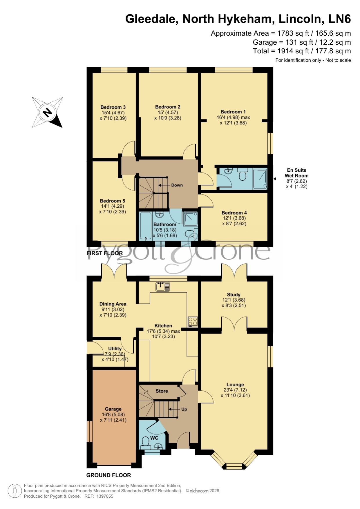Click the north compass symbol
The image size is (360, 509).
(x=47, y=113)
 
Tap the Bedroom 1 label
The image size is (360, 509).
(x=233, y=112)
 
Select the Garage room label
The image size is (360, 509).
(x=113, y=409)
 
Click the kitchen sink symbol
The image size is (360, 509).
(x=163, y=287)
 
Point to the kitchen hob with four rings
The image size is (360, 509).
(x=193, y=321)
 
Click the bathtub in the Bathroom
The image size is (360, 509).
(x=146, y=227)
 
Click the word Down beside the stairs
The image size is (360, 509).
(x=177, y=185)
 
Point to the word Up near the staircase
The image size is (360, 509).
(x=184, y=409)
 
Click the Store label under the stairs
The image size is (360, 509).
(x=162, y=391)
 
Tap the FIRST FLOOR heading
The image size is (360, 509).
(x=105, y=253)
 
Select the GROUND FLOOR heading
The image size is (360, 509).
(x=109, y=475)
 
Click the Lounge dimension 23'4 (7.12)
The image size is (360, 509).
(x=235, y=390)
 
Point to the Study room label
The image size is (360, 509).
(x=234, y=295)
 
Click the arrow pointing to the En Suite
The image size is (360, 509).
(x=279, y=179)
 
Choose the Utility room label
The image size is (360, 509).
(x=115, y=349)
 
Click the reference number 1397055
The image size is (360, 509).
(x=104, y=496)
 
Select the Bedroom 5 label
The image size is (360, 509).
(x=113, y=201)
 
